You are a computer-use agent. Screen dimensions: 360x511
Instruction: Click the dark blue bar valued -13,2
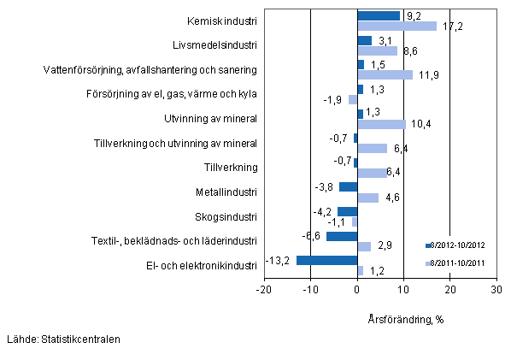coord(326,260)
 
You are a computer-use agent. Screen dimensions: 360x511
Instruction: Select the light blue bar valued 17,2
coord(396,26)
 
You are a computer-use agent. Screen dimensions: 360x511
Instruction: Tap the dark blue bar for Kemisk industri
coord(379,15)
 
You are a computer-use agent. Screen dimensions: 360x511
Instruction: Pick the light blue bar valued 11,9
coord(385,74)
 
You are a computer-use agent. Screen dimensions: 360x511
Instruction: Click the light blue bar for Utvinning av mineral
coord(381,124)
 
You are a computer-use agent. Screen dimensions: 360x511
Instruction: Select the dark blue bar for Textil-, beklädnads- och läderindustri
coord(342,236)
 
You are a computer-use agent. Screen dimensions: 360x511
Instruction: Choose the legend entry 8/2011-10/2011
coord(458,263)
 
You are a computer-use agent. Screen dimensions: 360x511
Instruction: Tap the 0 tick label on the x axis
coord(357,290)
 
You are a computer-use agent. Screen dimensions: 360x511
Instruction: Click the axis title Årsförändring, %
coord(403,319)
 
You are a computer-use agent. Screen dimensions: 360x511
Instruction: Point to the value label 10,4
coord(420,125)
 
